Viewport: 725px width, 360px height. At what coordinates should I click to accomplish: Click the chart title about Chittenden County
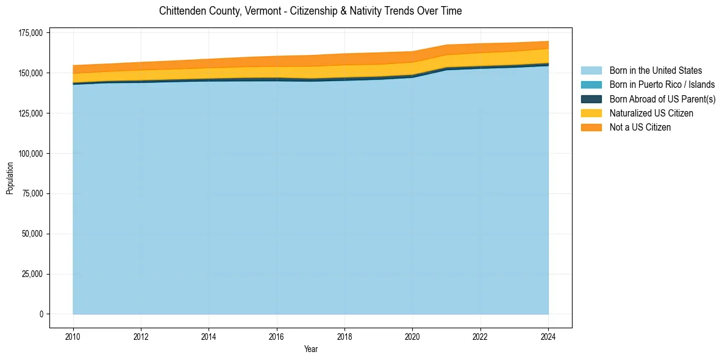pyautogui.click(x=310, y=11)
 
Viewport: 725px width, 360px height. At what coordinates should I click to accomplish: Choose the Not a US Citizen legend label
pyautogui.click(x=640, y=128)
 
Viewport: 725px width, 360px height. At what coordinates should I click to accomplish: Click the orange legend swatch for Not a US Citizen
pyautogui.click(x=591, y=128)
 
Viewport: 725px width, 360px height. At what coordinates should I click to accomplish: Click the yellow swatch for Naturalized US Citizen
pyautogui.click(x=591, y=113)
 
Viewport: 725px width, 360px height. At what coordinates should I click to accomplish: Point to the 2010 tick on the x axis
pyautogui.click(x=73, y=336)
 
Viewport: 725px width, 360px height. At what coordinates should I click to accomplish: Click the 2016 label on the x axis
pyautogui.click(x=277, y=336)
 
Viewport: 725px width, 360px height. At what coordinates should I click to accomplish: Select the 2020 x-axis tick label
pyautogui.click(x=413, y=336)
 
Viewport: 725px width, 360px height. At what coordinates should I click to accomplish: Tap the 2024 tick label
pyautogui.click(x=548, y=336)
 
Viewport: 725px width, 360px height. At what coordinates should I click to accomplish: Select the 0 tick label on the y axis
pyautogui.click(x=42, y=314)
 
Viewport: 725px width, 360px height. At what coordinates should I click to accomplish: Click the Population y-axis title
pyautogui.click(x=10, y=178)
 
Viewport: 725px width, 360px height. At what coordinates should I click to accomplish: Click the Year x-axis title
pyautogui.click(x=310, y=350)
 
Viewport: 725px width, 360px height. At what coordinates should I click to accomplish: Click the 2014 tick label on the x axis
pyautogui.click(x=209, y=336)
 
